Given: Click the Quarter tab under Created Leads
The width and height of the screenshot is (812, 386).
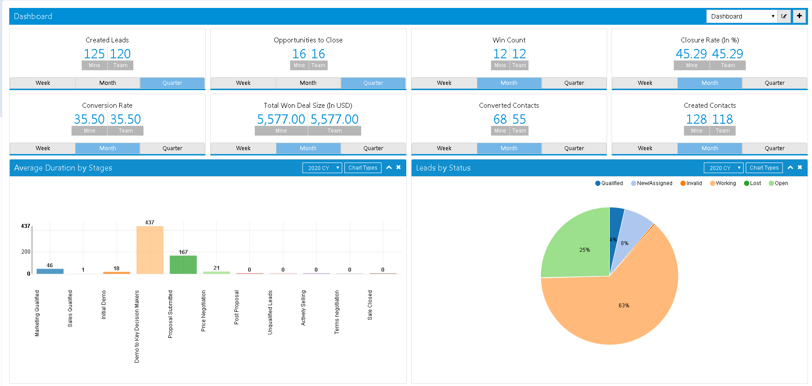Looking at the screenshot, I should point(172,83).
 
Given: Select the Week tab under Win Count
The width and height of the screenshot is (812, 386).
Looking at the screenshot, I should point(444,83).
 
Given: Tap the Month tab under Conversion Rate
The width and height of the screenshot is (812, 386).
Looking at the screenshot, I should point(107,148).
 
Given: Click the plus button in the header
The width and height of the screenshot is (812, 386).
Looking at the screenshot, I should point(799,16).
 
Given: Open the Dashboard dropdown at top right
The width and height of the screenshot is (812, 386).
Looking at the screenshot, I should point(742,16).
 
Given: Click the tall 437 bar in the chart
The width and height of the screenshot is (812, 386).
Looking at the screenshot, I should point(150,250).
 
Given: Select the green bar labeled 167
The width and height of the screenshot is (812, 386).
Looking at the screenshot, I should point(183,265).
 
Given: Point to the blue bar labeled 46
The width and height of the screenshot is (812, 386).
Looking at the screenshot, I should point(50,271).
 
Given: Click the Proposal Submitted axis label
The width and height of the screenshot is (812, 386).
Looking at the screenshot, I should point(170,314).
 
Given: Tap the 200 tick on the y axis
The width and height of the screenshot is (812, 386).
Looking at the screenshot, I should point(26,252).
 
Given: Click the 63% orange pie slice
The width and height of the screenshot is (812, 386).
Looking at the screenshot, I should point(623,305).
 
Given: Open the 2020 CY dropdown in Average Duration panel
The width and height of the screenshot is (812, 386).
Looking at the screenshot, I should point(322,168).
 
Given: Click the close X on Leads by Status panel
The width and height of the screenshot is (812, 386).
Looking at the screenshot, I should point(800,167).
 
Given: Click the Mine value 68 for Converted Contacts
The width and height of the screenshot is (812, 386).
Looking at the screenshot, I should point(500,119).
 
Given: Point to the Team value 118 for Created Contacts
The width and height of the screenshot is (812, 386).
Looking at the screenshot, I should point(722,119).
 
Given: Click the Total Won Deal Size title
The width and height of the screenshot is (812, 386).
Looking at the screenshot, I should point(308,106).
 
